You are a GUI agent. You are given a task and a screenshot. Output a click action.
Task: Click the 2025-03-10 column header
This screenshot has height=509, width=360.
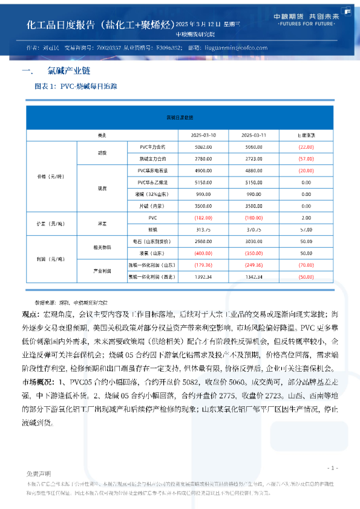(203, 134)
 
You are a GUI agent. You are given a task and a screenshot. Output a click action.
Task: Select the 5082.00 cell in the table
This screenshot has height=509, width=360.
(203, 147)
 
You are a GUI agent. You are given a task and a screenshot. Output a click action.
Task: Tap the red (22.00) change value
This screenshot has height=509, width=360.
(306, 147)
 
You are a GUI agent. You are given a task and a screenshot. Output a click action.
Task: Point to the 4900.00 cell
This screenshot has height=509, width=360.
(203, 170)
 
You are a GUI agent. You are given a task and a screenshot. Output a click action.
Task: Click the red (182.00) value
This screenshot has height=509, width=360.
(203, 217)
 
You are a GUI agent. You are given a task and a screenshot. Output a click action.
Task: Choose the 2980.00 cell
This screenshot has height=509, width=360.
(203, 241)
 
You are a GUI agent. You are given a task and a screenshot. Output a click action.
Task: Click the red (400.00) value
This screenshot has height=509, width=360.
(203, 253)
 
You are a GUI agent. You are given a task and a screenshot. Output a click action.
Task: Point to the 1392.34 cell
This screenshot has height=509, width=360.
(203, 276)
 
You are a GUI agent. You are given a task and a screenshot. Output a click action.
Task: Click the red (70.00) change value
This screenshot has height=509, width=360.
(306, 265)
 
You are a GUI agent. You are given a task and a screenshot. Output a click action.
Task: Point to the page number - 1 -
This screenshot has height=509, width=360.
(332, 468)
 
